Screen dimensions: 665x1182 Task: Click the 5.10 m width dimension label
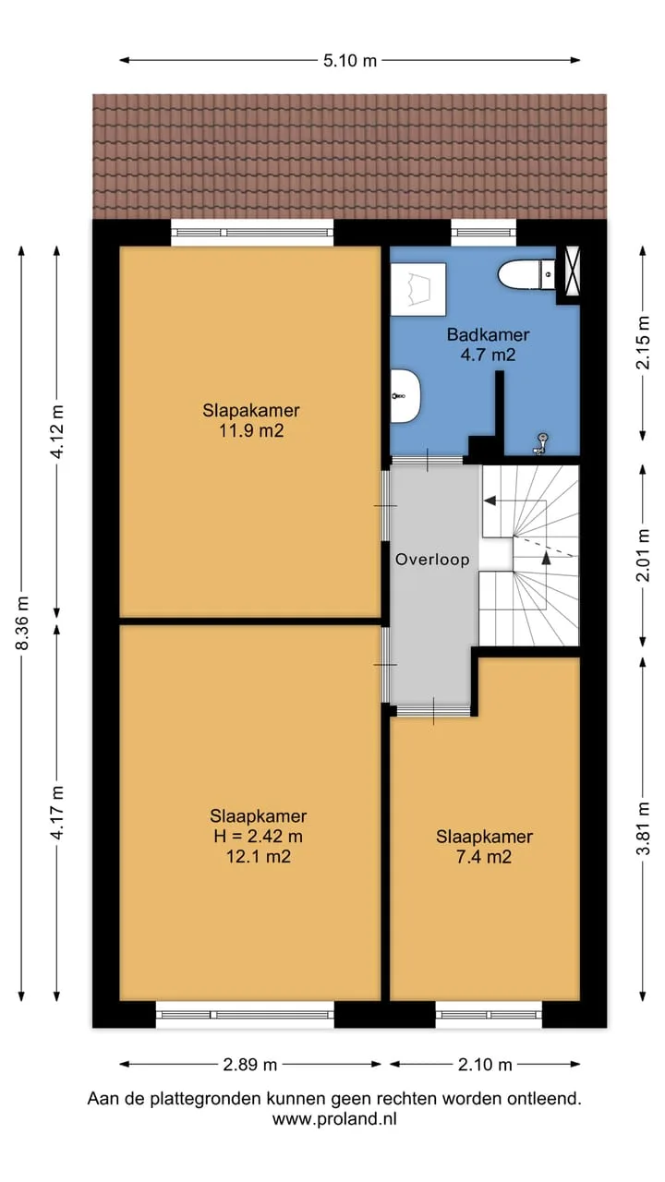pos(350,61)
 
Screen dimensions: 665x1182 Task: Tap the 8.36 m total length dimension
pos(22,622)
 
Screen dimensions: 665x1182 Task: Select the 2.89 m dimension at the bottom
pos(249,1065)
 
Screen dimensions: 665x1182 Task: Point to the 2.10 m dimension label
pos(485,1065)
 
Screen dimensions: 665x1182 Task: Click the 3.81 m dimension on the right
pos(643,828)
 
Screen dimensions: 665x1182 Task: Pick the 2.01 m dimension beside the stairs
pos(643,554)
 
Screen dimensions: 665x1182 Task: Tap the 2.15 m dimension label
pos(643,343)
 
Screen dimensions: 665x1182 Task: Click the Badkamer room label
pos(489,334)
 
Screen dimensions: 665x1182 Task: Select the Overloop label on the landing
pos(432,560)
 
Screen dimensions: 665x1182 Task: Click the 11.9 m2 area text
pos(251,431)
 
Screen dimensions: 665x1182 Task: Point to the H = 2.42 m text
pos(258,836)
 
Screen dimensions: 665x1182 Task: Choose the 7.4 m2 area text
pos(484,856)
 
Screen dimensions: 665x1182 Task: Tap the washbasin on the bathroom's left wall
pos(405,396)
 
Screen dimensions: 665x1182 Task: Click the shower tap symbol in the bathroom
pos(540,444)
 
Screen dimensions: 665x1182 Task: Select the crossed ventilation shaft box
pos(569,274)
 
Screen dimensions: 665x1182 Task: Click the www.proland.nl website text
pos(334,1118)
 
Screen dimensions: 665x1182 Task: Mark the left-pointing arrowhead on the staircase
pos(490,501)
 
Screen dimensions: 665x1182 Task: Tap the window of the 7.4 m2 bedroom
pos(489,1015)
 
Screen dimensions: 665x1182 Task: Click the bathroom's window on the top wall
pos(483,232)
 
